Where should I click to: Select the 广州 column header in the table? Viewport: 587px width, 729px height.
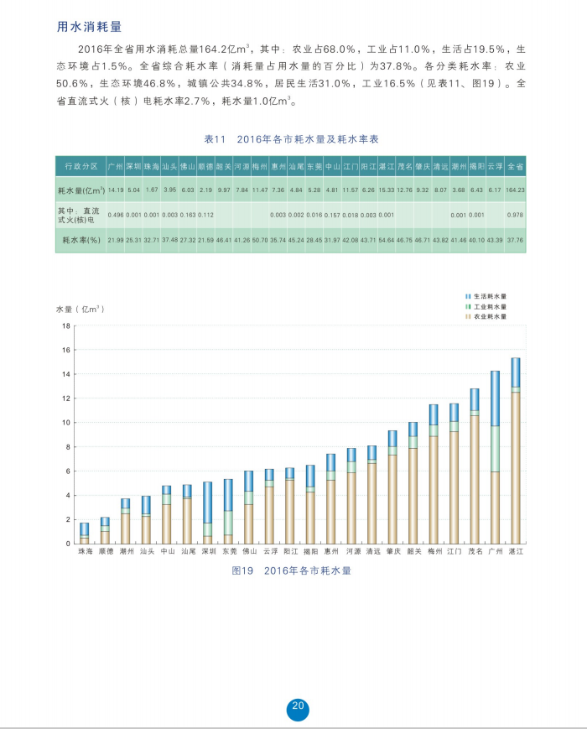pos(116,166)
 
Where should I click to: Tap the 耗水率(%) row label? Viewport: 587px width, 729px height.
pos(81,240)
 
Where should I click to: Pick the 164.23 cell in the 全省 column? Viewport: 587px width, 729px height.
pos(515,190)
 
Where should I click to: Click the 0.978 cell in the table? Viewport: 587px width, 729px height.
pos(515,215)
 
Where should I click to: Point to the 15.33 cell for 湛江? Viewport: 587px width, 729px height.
pos(387,190)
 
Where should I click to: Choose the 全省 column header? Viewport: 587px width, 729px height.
pos(515,166)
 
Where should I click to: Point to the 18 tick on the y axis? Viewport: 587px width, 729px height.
pos(65,326)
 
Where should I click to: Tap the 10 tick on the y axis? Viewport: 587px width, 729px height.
pos(65,423)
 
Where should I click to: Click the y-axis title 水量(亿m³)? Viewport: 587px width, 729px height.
pos(81,309)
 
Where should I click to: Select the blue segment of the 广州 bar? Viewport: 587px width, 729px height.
pos(496,398)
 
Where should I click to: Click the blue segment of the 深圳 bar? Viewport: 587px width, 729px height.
pos(207,502)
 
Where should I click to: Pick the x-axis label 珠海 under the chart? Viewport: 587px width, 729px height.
pos(85,553)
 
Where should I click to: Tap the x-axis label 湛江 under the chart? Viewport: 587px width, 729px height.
pos(516,553)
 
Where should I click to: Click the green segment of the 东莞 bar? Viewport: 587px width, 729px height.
pos(227,522)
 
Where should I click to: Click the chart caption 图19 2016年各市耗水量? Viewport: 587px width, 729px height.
pos(291,570)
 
